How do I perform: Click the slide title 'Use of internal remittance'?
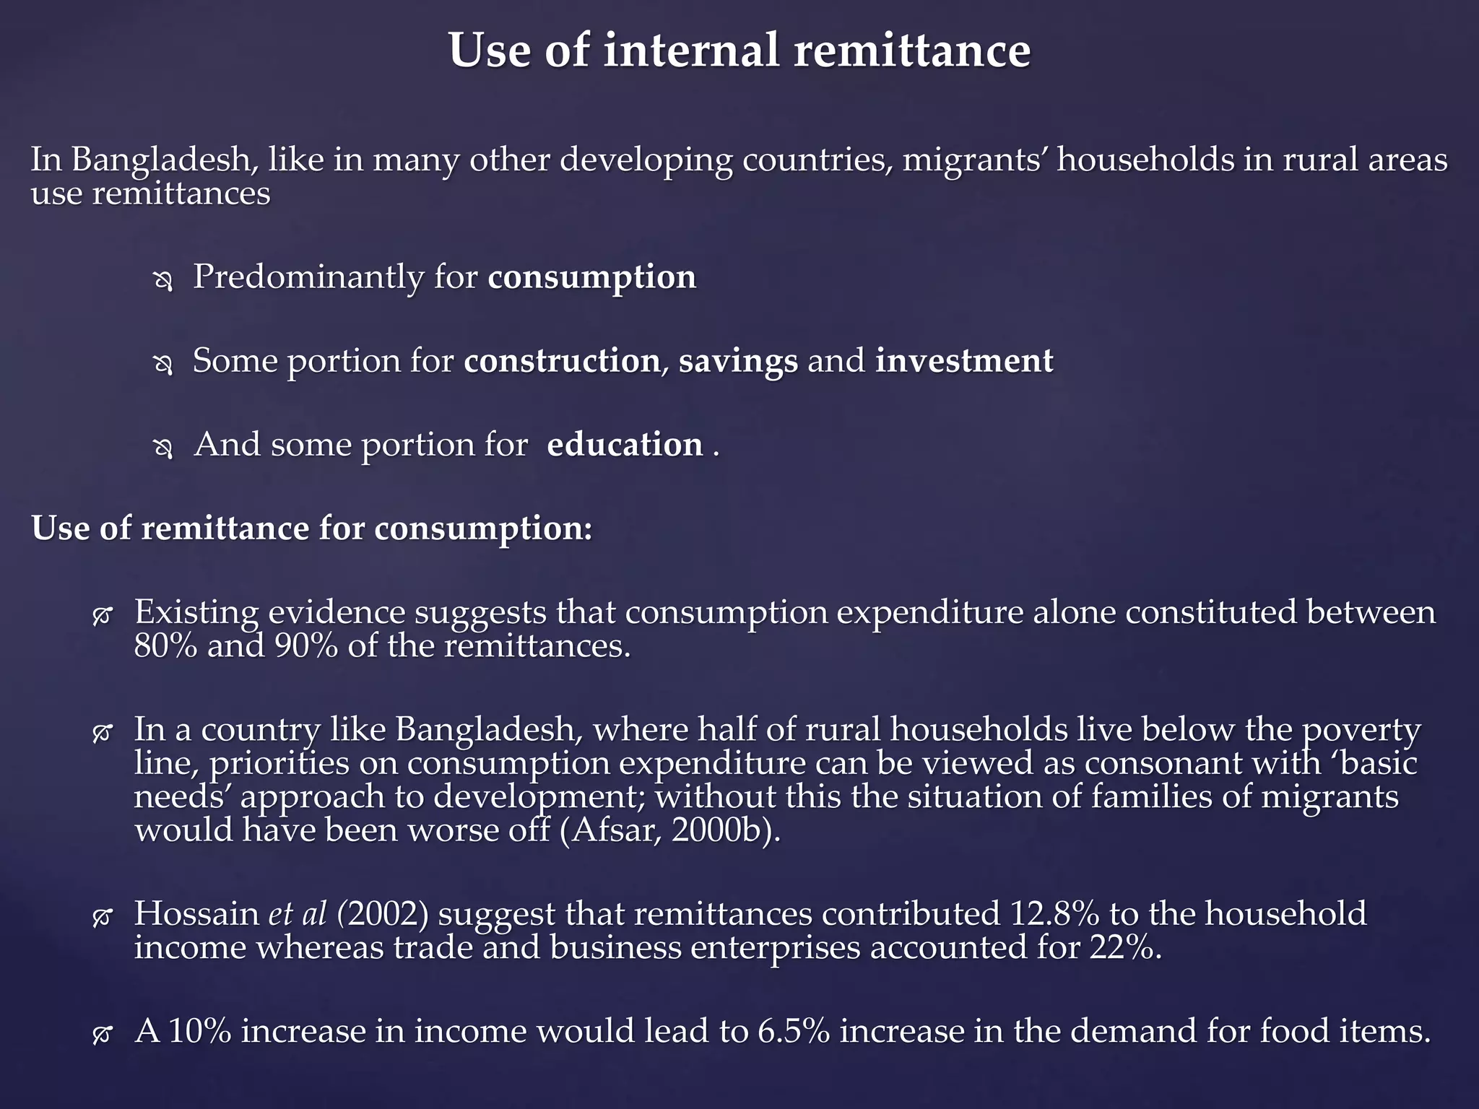[739, 51]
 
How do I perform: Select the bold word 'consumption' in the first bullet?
[591, 277]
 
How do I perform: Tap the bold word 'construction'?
[561, 361]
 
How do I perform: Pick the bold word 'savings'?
[738, 361]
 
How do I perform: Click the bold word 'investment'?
[963, 361]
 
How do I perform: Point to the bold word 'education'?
[625, 445]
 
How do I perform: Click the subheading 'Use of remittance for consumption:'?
[312, 529]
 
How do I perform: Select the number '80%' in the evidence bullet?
[165, 645]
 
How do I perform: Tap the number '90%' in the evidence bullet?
[305, 645]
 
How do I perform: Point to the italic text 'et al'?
[298, 914]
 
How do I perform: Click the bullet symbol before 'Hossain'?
[102, 917]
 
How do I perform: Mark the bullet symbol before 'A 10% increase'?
[102, 1035]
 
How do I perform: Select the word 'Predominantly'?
[308, 277]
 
